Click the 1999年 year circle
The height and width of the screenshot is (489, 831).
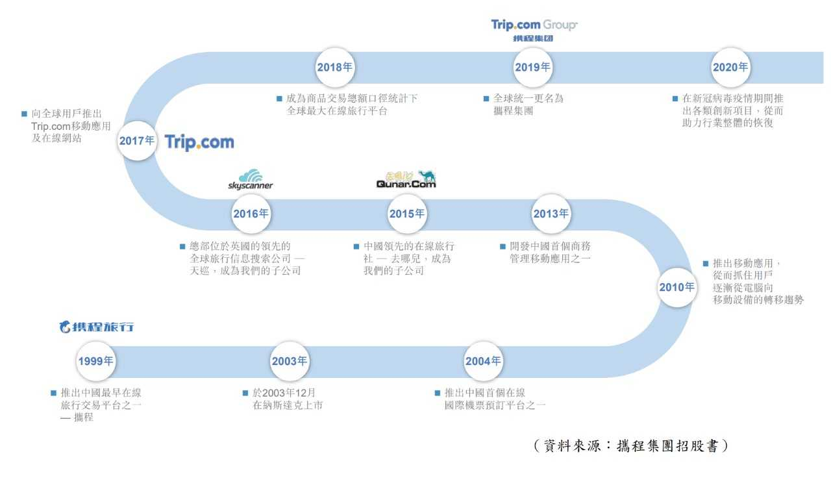(95, 362)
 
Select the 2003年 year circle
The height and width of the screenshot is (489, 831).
(289, 362)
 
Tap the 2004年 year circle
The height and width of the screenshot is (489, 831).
(483, 362)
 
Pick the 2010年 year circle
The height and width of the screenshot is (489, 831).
(676, 287)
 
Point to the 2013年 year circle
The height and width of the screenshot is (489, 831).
(551, 214)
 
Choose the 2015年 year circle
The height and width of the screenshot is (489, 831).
(407, 214)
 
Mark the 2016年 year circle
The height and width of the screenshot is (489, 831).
(251, 214)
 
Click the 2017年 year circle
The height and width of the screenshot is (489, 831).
(137, 140)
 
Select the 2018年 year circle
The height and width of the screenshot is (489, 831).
(336, 67)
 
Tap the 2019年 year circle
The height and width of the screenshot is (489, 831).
(532, 67)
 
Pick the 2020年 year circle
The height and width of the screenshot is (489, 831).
(730, 67)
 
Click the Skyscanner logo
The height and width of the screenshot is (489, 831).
(251, 180)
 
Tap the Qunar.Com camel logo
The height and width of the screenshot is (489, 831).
(406, 179)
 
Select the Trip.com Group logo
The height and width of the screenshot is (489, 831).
(534, 30)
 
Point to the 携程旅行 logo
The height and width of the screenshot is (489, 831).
(97, 327)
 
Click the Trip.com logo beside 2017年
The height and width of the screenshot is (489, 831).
(199, 142)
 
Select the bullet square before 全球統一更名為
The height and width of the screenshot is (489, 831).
(486, 99)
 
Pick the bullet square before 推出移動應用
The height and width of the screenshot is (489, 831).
(706, 264)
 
